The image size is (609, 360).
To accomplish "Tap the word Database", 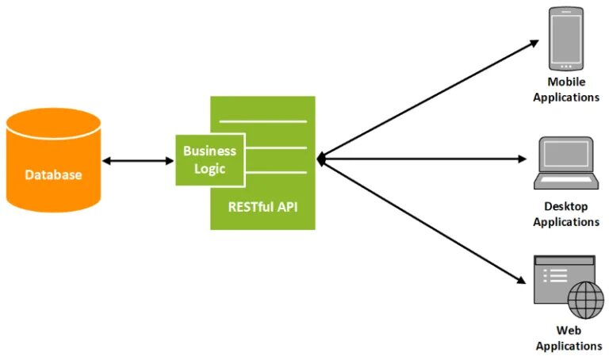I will [53, 175].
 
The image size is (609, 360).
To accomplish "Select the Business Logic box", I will [209, 159].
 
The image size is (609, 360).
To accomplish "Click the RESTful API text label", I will [262, 206].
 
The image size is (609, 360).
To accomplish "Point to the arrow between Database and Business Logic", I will [138, 161].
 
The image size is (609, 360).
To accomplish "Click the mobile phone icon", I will [565, 38].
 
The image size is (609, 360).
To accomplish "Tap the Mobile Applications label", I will [565, 90].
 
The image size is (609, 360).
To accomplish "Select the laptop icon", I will [565, 163].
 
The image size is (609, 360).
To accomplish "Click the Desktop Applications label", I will [565, 214].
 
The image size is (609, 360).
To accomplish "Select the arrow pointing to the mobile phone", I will [428, 99].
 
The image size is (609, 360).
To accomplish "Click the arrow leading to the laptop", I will [420, 159].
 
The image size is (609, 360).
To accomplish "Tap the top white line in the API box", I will [262, 121].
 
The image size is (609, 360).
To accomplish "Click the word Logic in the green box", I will [209, 169].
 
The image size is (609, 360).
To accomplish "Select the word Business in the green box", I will [209, 151].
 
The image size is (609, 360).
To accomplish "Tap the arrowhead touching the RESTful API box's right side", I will [321, 159].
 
